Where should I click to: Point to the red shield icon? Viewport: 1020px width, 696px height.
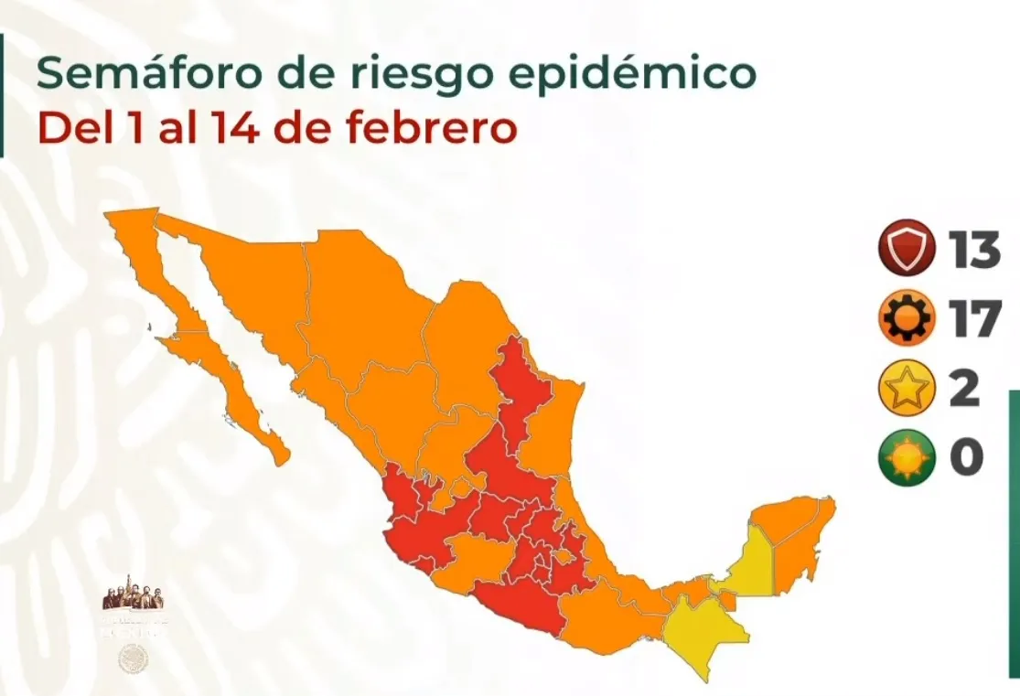[906, 249]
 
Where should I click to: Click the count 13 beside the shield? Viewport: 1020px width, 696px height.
[974, 249]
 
